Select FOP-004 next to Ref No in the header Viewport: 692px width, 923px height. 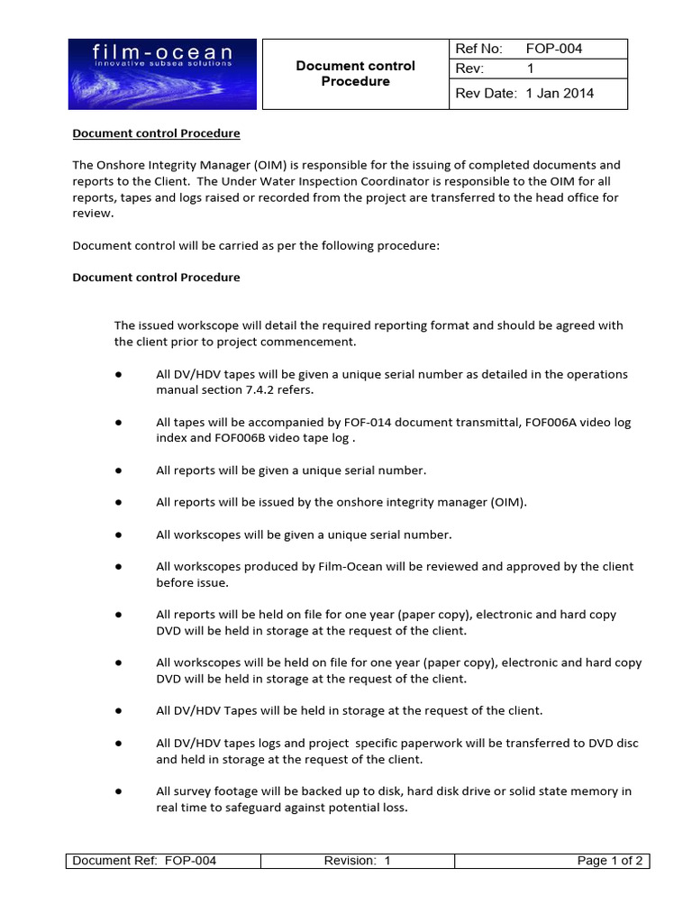click(x=554, y=49)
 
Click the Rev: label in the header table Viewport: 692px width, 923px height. click(x=470, y=69)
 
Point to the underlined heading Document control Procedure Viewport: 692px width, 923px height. click(x=156, y=133)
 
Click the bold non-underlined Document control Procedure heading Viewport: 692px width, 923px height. click(x=156, y=277)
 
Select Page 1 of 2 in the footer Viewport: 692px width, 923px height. click(x=610, y=861)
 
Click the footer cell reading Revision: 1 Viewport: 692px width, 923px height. click(x=357, y=861)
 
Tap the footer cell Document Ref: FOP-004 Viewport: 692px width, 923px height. click(x=144, y=861)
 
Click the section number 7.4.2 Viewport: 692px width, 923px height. click(x=267, y=390)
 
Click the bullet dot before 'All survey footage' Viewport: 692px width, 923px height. click(x=118, y=791)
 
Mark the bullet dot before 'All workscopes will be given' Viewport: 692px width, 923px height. click(x=118, y=535)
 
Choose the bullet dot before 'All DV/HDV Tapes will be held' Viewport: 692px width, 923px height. click(x=118, y=710)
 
